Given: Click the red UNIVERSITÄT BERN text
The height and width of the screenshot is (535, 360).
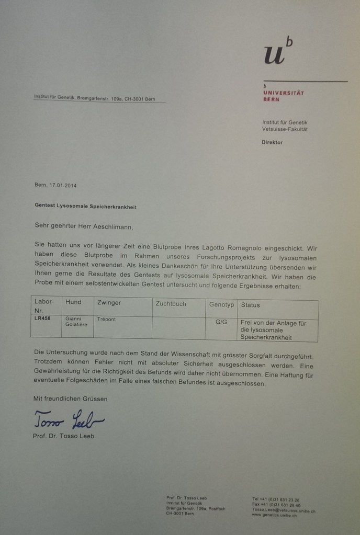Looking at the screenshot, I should [x=283, y=96].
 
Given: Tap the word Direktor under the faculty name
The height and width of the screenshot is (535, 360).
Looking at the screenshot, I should [x=272, y=142].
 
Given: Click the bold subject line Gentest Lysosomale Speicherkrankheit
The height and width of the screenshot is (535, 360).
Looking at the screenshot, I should [x=85, y=207].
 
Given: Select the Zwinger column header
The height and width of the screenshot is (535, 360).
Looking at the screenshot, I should [x=109, y=303].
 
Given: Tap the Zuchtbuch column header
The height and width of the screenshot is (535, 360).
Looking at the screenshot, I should [x=171, y=303].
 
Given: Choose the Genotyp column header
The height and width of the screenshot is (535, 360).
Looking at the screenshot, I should [x=221, y=304].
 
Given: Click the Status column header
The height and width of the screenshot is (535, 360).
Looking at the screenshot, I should [x=250, y=305].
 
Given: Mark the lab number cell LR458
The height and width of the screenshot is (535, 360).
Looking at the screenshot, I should [x=43, y=318].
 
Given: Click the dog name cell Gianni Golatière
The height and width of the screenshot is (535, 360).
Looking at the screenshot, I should [x=76, y=321].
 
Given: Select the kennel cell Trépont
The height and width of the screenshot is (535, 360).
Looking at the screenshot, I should [x=107, y=318].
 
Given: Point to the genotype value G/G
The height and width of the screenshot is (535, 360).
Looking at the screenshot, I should [x=221, y=322].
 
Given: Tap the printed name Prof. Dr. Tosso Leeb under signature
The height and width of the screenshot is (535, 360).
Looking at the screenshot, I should [x=63, y=436].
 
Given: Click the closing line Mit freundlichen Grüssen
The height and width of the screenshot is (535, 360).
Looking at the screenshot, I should [x=70, y=399].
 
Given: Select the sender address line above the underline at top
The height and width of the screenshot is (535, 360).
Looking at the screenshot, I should [x=94, y=98].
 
